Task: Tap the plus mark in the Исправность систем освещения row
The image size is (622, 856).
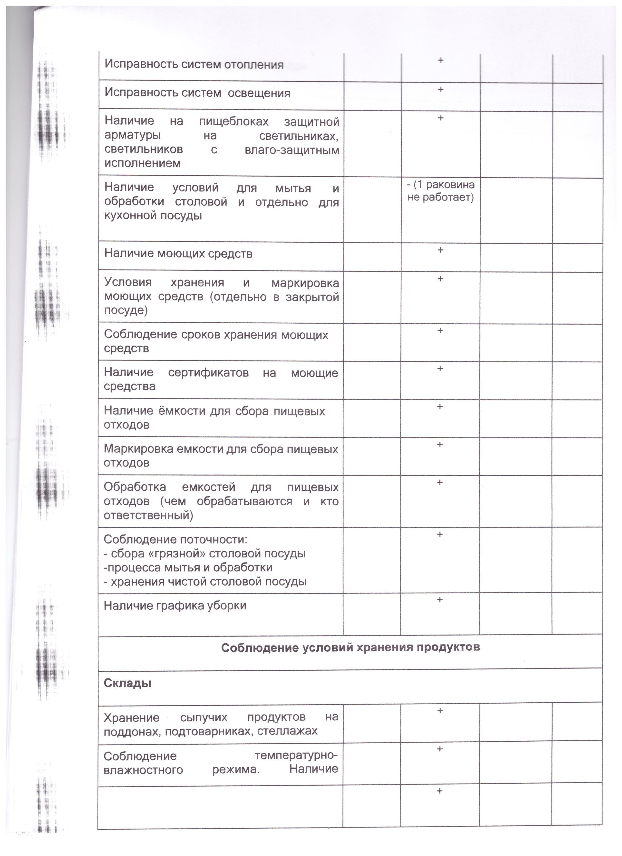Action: (x=440, y=90)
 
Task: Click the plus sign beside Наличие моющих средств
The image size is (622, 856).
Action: (x=440, y=250)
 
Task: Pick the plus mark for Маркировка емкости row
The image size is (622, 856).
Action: (x=439, y=444)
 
